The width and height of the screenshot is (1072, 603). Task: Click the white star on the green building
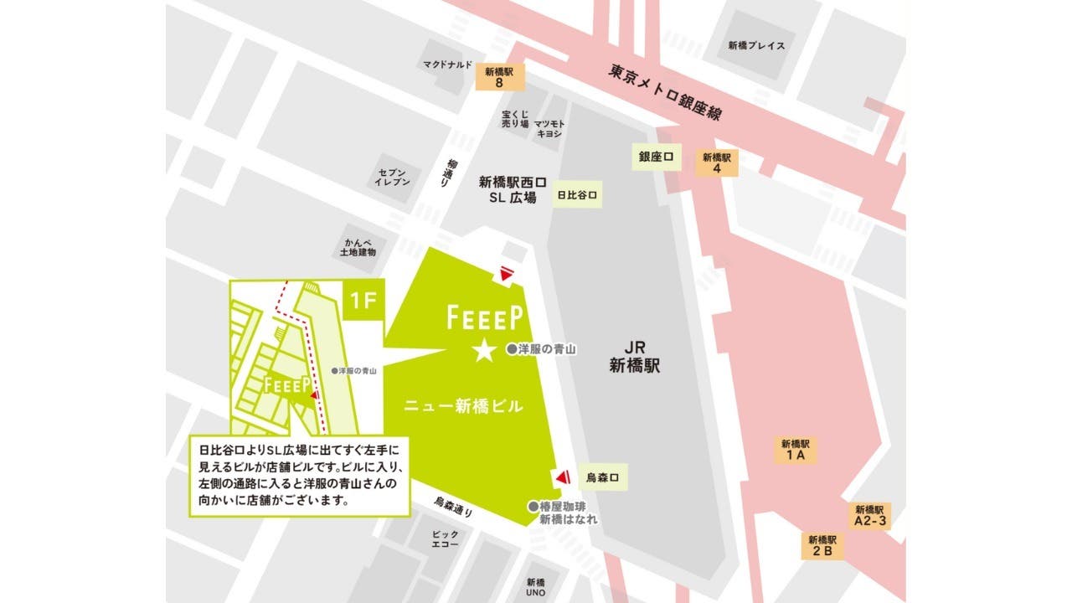coord(484,351)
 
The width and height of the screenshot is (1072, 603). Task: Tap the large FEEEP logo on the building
coord(485,317)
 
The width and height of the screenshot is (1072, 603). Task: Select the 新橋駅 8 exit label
coord(499,77)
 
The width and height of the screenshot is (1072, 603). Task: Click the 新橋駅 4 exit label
coord(717,162)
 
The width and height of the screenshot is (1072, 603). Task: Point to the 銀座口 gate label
coord(656,157)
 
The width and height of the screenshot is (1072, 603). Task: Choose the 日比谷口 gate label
coord(579,195)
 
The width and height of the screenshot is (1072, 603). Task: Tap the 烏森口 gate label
coord(602,477)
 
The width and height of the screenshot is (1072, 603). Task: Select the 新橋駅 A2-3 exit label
coord(870,515)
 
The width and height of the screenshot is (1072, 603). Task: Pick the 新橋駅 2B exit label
coord(823,546)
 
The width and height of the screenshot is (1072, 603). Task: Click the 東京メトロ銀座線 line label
coord(666,91)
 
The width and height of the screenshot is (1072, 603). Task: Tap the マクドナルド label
coord(447,64)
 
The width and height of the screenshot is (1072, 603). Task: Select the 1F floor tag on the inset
coord(363,300)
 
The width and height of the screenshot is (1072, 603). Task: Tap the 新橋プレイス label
coord(756,46)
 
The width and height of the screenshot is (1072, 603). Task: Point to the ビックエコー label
coord(445,539)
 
